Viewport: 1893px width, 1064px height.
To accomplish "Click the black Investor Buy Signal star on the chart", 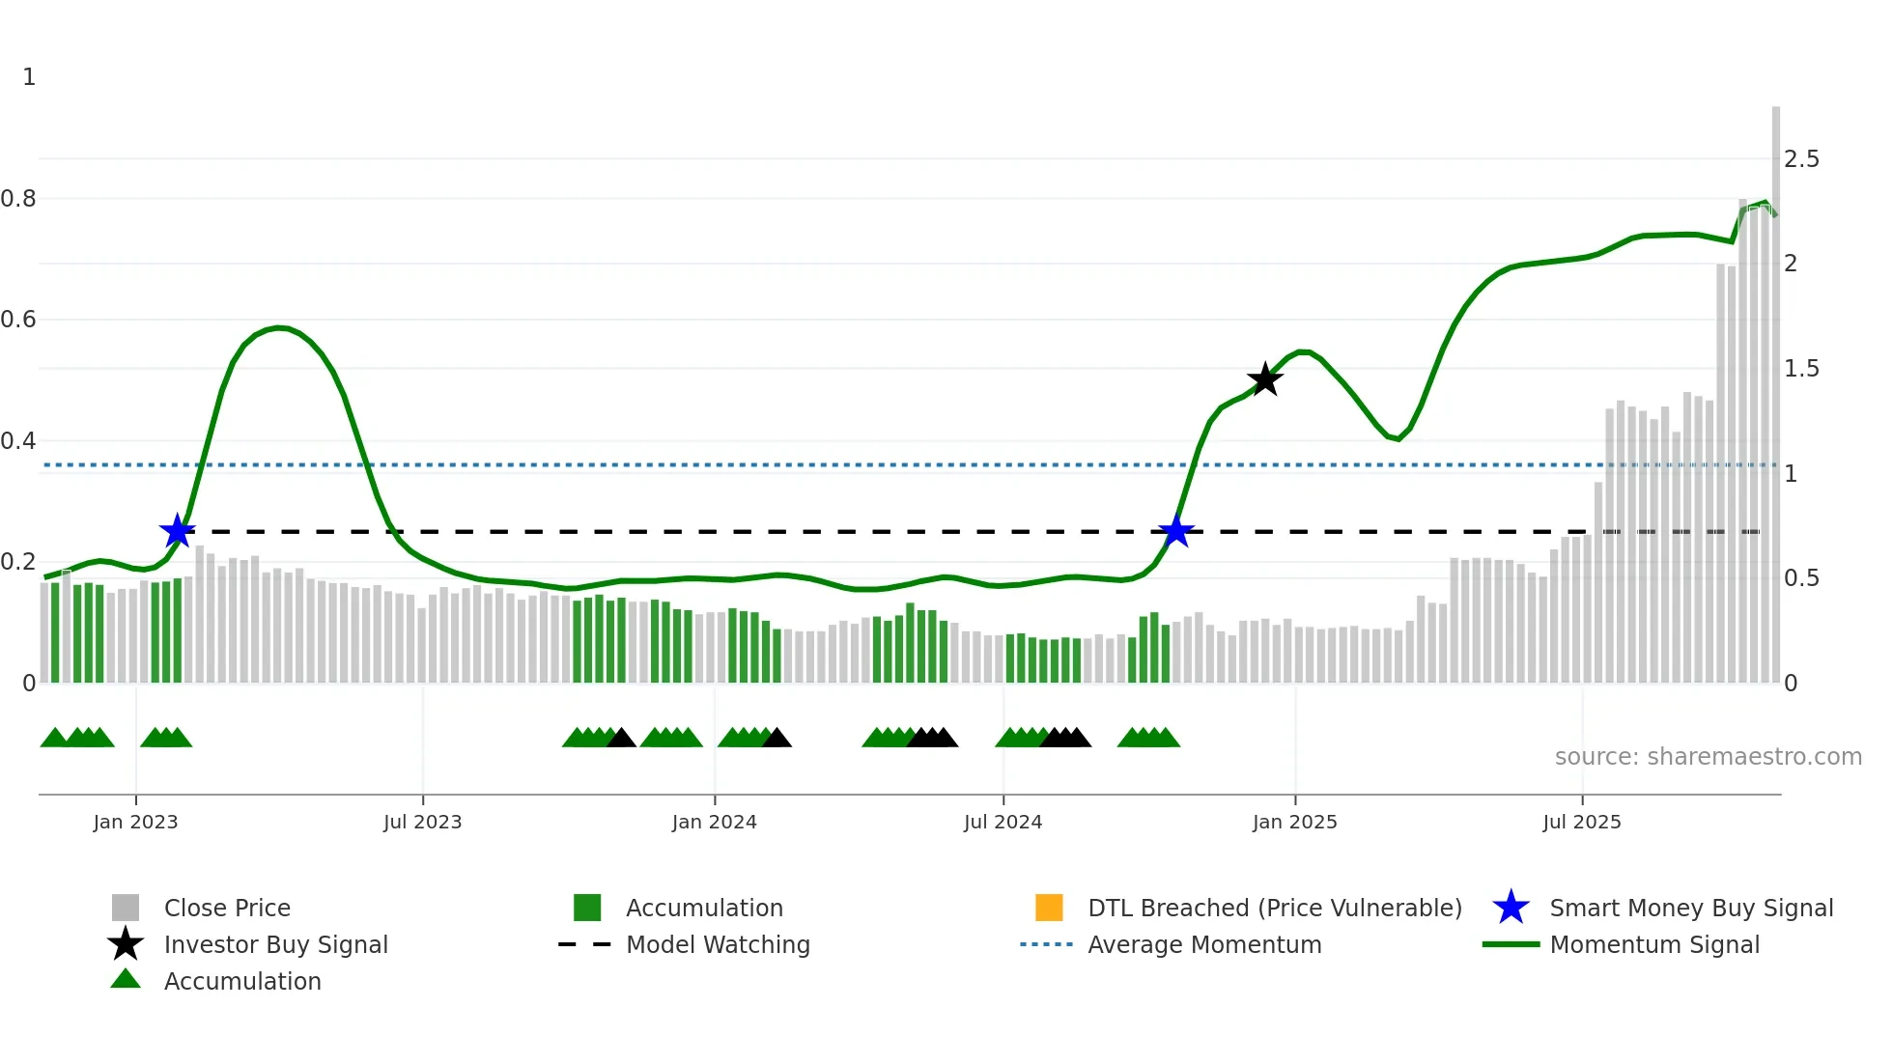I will (1264, 379).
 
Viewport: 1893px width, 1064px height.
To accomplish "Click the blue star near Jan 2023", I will (177, 531).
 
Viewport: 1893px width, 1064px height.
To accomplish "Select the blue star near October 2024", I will (1175, 531).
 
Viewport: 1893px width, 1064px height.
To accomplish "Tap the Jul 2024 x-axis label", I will (1003, 822).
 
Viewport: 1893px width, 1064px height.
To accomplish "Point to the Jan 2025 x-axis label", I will (1294, 822).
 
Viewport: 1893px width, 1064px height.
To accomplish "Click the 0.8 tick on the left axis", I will (19, 199).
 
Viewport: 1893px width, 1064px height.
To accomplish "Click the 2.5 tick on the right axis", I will (1801, 159).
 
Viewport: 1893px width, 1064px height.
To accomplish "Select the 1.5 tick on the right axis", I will (1801, 369).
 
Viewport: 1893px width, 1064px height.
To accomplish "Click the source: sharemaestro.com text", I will (1708, 757).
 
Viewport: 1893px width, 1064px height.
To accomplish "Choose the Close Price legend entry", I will (227, 908).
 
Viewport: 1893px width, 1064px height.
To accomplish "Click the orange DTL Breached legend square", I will (1049, 908).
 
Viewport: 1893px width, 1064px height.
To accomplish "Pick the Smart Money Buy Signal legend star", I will (1511, 908).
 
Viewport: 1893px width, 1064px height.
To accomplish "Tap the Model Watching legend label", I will (718, 944).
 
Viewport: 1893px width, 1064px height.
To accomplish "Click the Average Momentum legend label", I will (1204, 944).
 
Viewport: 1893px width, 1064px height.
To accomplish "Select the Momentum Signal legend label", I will (1654, 944).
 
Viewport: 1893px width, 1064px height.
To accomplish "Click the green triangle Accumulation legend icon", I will (126, 979).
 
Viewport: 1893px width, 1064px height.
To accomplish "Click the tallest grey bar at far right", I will (1776, 386).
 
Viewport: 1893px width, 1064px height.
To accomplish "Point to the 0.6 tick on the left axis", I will (19, 320).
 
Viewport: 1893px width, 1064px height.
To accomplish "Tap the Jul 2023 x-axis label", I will (422, 822).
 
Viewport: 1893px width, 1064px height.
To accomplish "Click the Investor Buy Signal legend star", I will (126, 944).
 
